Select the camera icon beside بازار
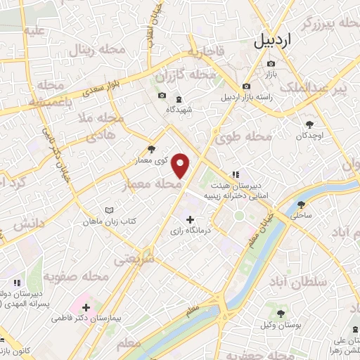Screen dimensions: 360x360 point(271,65)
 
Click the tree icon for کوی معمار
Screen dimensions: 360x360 point(152,149)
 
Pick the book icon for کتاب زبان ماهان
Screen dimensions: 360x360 point(108,210)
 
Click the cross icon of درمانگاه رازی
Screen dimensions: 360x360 point(189,219)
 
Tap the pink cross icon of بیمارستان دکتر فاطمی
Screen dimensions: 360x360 point(86,307)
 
